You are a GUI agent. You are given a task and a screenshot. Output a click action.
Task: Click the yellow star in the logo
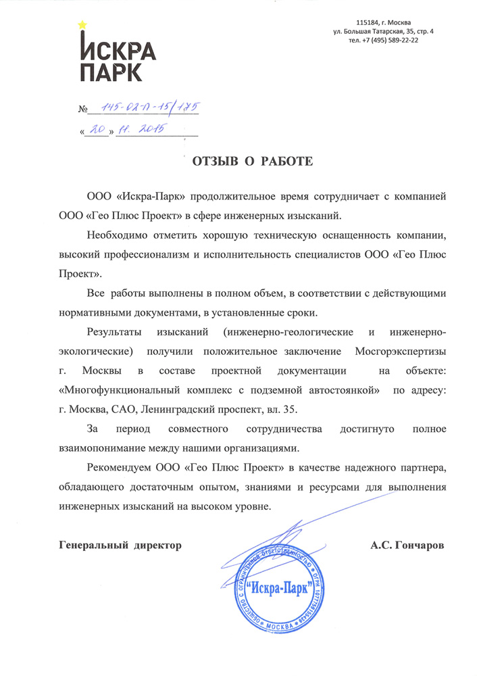pos(82,25)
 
